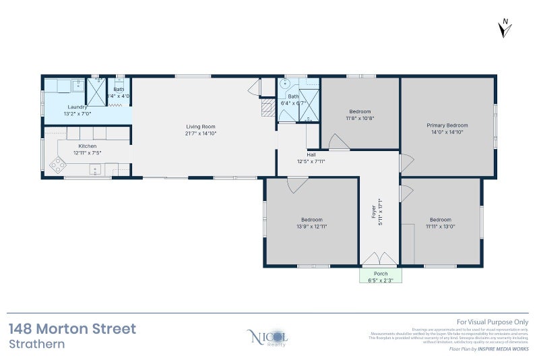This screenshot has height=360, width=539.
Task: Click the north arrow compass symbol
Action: coord(506,28)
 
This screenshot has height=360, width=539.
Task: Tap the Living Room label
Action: coord(200,126)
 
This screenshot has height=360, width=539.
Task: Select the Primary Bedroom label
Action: coord(447,125)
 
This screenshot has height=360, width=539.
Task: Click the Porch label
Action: coord(381,274)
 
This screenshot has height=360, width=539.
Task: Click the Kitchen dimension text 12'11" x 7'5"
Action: coord(88,153)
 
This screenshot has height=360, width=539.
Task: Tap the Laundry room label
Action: coord(77,107)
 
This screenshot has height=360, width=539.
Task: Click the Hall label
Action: coord(311,154)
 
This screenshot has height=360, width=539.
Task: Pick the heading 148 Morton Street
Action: coord(72,329)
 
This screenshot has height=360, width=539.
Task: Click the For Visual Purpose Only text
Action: coord(493,323)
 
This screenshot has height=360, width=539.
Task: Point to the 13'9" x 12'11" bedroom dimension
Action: coord(311,227)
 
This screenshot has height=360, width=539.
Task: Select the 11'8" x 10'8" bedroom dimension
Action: coord(360,118)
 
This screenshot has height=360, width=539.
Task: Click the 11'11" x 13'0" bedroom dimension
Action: coord(440,227)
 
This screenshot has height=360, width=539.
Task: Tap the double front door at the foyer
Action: coord(380,260)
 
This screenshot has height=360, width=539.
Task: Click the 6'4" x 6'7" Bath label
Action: coord(296,103)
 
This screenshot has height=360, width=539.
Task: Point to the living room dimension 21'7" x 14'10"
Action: coord(200,133)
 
